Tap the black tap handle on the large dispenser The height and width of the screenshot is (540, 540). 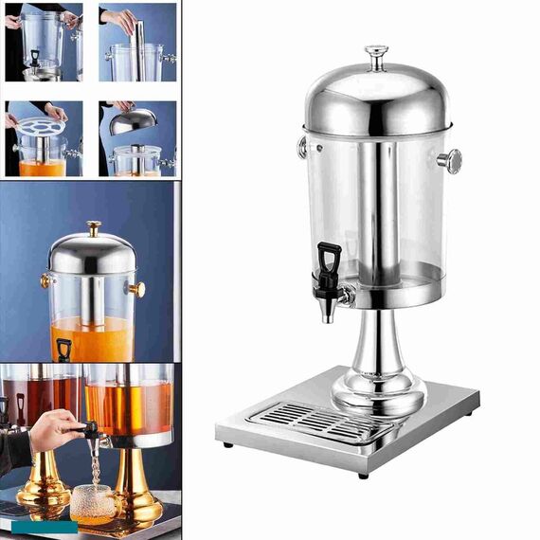click(x=330, y=260)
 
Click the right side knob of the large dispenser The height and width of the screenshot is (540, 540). click(x=450, y=161)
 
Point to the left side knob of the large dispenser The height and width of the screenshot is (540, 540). click(x=302, y=147)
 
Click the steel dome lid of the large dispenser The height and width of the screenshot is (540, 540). click(x=377, y=100)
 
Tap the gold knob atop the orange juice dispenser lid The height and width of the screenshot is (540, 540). click(x=93, y=228)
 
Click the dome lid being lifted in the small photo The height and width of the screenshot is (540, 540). click(x=134, y=120)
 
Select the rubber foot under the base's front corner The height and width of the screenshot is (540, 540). click(x=363, y=475)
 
